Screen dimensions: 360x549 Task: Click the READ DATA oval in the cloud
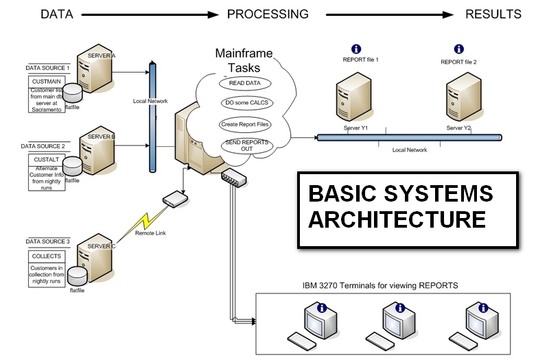point(245,83)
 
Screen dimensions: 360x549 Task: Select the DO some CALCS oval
point(245,103)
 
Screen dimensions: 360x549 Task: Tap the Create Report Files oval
point(245,124)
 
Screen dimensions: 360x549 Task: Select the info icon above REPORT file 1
point(355,49)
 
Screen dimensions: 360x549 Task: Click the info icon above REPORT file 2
point(458,49)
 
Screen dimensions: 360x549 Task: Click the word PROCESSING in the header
point(268,14)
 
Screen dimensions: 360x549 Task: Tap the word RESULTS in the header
point(493,14)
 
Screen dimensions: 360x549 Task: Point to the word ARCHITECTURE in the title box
point(397,219)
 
